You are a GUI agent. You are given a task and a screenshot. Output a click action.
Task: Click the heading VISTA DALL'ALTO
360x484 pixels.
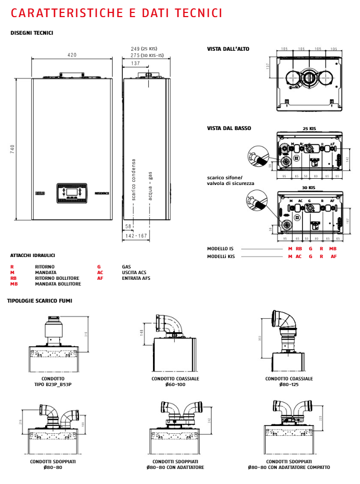pos(228,49)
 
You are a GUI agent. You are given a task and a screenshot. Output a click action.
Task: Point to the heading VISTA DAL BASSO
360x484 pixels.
pos(229,127)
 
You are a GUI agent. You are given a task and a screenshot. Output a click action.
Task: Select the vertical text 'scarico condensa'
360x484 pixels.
pos(133,180)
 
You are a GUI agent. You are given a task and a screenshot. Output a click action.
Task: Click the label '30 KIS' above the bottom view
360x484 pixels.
pos(309,188)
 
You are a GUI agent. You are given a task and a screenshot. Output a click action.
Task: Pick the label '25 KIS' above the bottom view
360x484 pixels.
pos(309,128)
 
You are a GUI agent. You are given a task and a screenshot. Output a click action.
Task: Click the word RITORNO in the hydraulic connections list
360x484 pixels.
pos(45,267)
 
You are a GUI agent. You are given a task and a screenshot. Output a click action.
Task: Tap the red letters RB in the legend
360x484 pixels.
pos(13,278)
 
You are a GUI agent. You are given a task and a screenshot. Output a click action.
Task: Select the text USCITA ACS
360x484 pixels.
pos(134,273)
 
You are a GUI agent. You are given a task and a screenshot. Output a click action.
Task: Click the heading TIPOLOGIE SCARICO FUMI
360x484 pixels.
pos(39,301)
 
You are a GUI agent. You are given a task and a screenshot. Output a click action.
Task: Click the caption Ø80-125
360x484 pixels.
pos(289,385)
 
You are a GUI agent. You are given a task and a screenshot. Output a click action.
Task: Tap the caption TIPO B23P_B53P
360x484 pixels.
pos(53,385)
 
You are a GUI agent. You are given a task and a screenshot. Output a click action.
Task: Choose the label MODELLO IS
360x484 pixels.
pos(220,249)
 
